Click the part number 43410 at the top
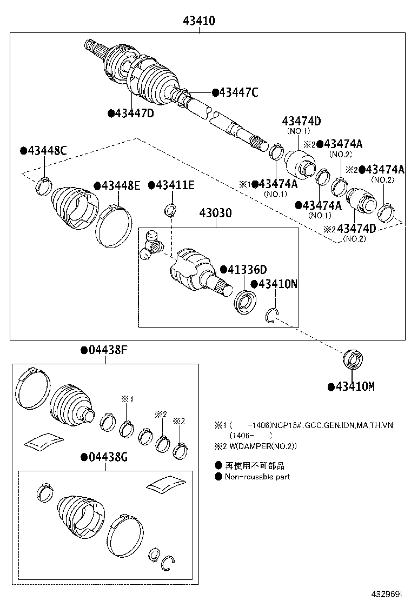198,21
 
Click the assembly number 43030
216,213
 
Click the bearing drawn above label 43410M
354,359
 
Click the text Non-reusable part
257,477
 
